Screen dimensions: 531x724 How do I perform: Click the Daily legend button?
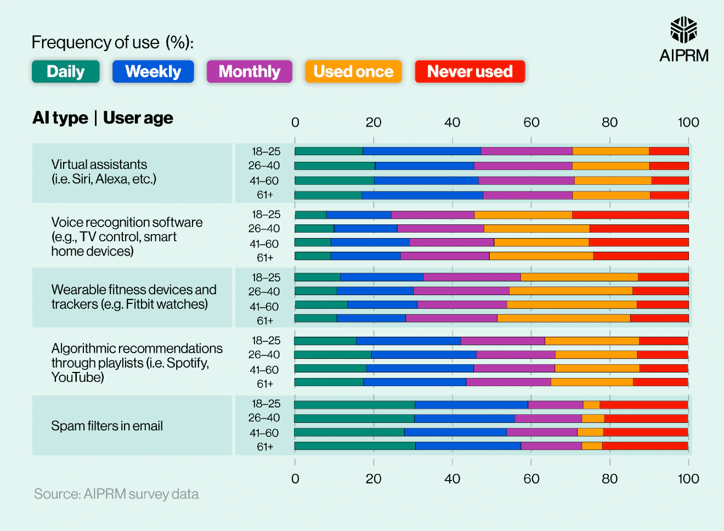tap(66, 72)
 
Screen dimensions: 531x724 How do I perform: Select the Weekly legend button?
tap(153, 72)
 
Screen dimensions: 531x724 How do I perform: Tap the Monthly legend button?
tap(250, 72)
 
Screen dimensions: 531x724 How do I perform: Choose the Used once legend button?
tap(353, 72)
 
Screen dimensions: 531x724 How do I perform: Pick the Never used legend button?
tap(470, 72)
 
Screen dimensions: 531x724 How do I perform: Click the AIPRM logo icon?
tap(683, 30)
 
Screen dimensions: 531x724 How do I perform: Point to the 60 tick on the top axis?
tap(531, 122)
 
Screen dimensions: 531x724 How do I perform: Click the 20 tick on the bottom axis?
tap(374, 479)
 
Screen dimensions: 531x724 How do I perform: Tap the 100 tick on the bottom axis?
tap(688, 479)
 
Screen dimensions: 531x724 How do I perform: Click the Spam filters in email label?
tap(107, 426)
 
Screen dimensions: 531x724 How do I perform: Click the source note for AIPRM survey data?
tap(116, 494)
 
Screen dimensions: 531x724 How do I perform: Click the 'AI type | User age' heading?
tap(103, 118)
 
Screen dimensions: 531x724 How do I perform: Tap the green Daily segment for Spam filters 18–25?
tap(354, 405)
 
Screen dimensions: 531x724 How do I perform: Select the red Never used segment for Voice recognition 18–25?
tap(630, 215)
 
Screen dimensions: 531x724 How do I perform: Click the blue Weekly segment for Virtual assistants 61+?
tap(422, 195)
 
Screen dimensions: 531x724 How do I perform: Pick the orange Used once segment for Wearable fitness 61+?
tap(563, 318)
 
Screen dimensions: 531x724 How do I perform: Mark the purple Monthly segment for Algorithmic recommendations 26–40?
tap(516, 355)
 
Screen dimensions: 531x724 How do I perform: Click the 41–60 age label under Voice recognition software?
tap(264, 244)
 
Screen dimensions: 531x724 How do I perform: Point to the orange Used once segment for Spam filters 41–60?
tap(590, 432)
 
